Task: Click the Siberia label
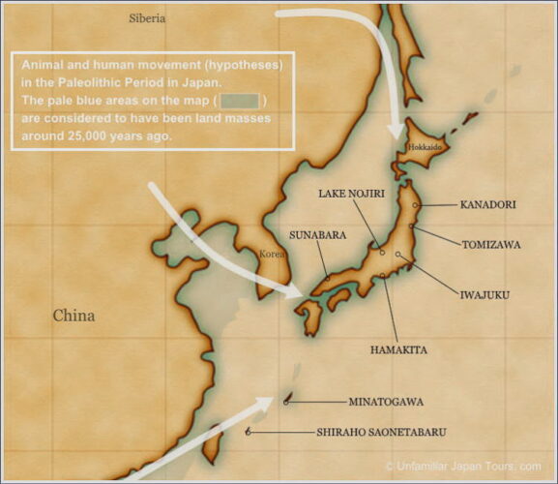[147, 18]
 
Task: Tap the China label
[73, 316]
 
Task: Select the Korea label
[272, 254]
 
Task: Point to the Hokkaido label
[426, 147]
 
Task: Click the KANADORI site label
[487, 205]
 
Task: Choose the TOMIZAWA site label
[491, 245]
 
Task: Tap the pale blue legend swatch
[241, 101]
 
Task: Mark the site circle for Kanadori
[416, 205]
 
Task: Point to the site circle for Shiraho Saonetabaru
[250, 432]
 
